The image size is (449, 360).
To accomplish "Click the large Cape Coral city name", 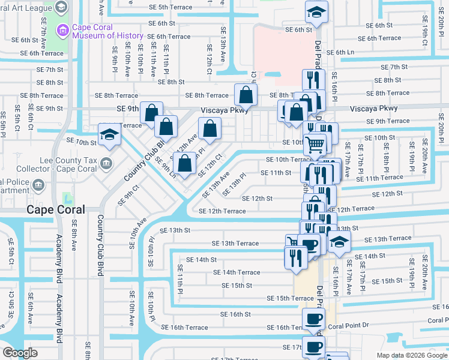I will click(55, 209).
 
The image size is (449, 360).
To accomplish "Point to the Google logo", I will click(20, 353).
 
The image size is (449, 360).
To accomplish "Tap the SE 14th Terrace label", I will click(237, 272).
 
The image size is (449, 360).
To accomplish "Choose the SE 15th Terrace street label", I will click(291, 298).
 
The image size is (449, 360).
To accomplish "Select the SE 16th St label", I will click(235, 314).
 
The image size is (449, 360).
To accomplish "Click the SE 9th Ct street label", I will click(128, 194).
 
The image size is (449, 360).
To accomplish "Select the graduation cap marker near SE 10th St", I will click(110, 136).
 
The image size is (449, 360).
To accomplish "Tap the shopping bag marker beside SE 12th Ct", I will click(185, 164).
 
